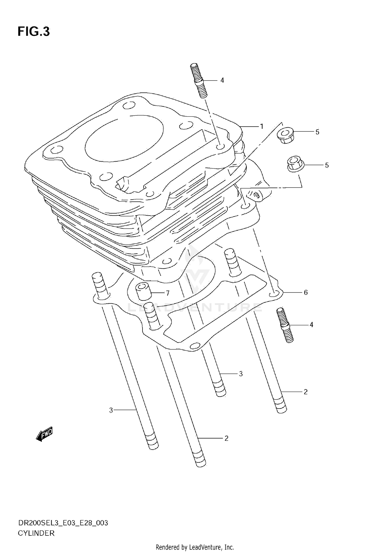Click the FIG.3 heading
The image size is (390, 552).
pyautogui.click(x=34, y=32)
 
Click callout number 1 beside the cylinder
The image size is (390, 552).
pyautogui.click(x=262, y=127)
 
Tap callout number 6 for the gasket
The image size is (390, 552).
pyautogui.click(x=306, y=292)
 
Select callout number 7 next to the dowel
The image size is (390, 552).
pyautogui.click(x=168, y=293)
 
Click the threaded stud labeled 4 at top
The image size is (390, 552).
pyautogui.click(x=199, y=80)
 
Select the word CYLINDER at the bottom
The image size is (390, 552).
pyautogui.click(x=36, y=533)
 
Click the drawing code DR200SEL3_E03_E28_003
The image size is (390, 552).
pyautogui.click(x=63, y=523)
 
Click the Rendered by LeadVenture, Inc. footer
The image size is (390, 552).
pyautogui.click(x=195, y=547)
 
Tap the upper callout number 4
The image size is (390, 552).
pyautogui.click(x=222, y=81)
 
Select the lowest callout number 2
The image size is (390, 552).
pyautogui.click(x=226, y=438)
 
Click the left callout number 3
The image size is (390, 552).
pyautogui.click(x=111, y=410)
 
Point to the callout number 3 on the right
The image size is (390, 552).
pyautogui.click(x=241, y=374)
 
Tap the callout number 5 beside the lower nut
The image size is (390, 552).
pyautogui.click(x=327, y=165)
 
